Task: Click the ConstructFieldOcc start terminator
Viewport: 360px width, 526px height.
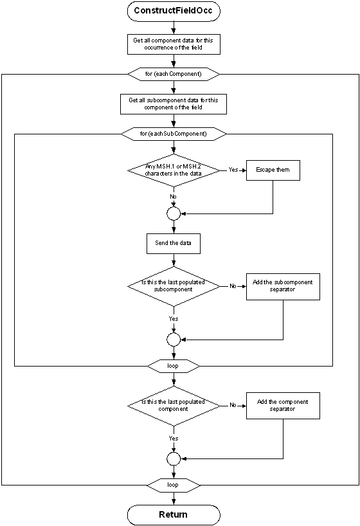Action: pos(173,11)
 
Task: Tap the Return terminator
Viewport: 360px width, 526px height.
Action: pos(173,514)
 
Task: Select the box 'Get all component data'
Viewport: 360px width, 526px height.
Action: pos(173,44)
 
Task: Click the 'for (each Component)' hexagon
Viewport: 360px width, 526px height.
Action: pos(173,74)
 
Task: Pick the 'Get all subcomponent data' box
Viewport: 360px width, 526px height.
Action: pos(173,104)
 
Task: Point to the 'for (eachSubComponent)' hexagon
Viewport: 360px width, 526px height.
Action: pos(173,134)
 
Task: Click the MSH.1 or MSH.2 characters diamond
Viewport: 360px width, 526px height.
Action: pos(173,170)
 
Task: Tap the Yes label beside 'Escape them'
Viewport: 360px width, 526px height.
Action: pos(233,170)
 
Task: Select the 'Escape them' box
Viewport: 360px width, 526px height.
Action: pos(273,170)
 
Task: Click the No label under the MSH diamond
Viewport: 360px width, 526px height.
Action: pos(173,196)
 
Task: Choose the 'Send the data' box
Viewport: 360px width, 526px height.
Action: pos(173,244)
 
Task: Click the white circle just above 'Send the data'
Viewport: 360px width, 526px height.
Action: pos(173,213)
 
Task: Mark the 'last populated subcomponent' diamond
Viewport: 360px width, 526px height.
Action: pos(173,286)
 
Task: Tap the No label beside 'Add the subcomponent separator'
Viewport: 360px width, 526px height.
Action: pos(233,286)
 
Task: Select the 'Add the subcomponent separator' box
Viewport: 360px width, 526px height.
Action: pos(283,286)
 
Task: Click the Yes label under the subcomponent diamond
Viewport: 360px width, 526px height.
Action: pos(173,319)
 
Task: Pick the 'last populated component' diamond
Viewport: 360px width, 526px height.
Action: pos(173,405)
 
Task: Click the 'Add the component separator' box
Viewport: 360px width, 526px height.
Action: pos(283,405)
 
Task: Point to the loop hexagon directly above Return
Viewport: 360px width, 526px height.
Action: pos(173,485)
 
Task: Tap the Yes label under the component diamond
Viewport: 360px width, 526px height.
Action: pos(173,438)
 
